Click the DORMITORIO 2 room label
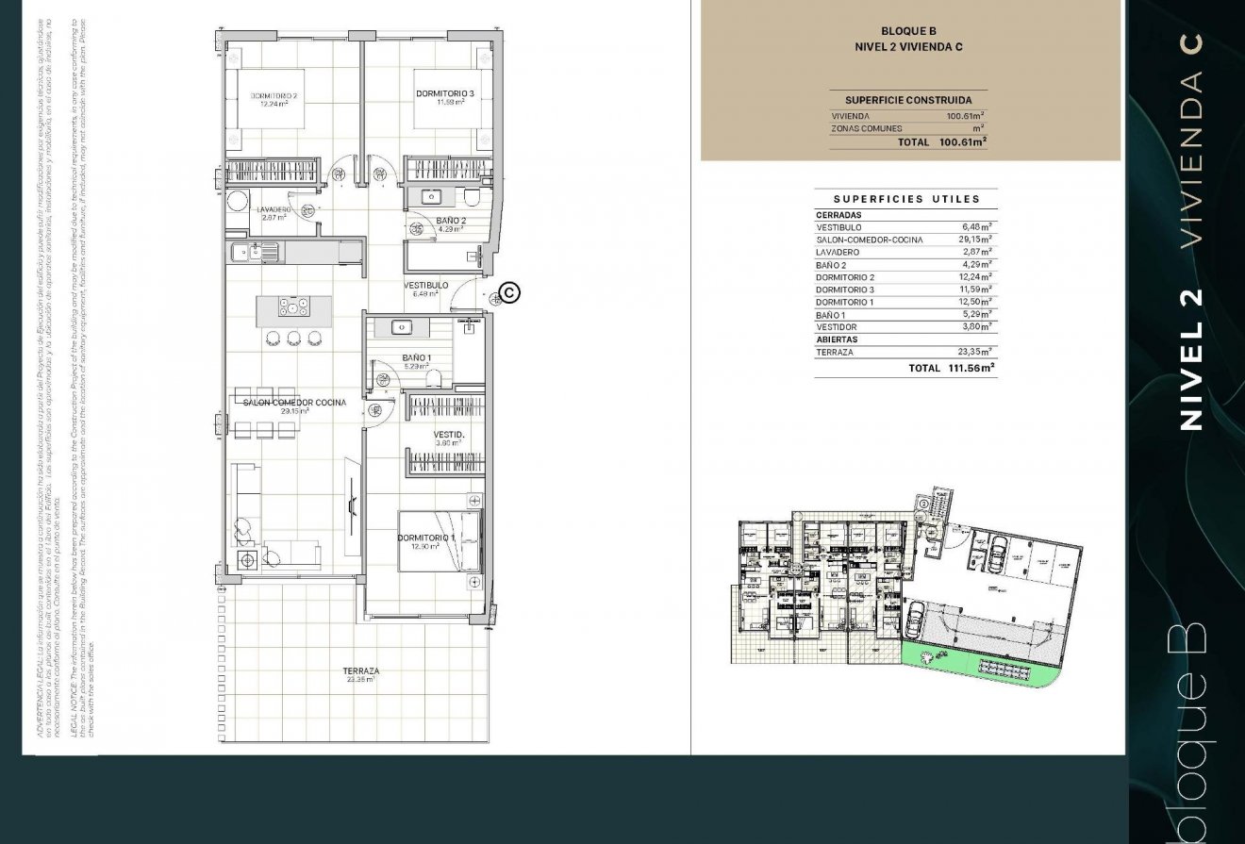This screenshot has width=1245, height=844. tap(274, 96)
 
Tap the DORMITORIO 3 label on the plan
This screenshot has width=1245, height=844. tap(445, 93)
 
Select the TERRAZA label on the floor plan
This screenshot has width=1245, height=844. tap(361, 671)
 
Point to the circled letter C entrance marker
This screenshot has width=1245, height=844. tap(509, 293)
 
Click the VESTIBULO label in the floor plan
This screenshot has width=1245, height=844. tap(425, 285)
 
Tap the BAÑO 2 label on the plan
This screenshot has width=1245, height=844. tap(451, 221)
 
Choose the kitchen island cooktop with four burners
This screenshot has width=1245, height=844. tap(293, 307)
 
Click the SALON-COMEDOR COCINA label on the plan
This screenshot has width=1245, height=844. tap(294, 403)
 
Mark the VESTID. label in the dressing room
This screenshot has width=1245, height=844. tap(449, 436)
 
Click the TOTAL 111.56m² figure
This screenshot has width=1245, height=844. tap(968, 369)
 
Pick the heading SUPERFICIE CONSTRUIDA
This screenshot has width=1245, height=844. tap(908, 100)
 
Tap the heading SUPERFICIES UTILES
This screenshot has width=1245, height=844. tap(906, 199)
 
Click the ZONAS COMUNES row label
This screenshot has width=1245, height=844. tap(866, 128)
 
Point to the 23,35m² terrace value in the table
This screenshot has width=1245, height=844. tap(975, 352)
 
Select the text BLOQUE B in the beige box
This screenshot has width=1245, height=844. tap(907, 32)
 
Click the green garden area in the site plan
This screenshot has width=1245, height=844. tap(971, 664)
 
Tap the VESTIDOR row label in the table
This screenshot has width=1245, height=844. tap(837, 327)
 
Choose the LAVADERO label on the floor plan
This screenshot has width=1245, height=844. tap(274, 209)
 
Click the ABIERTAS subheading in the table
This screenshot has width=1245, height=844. tap(837, 339)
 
